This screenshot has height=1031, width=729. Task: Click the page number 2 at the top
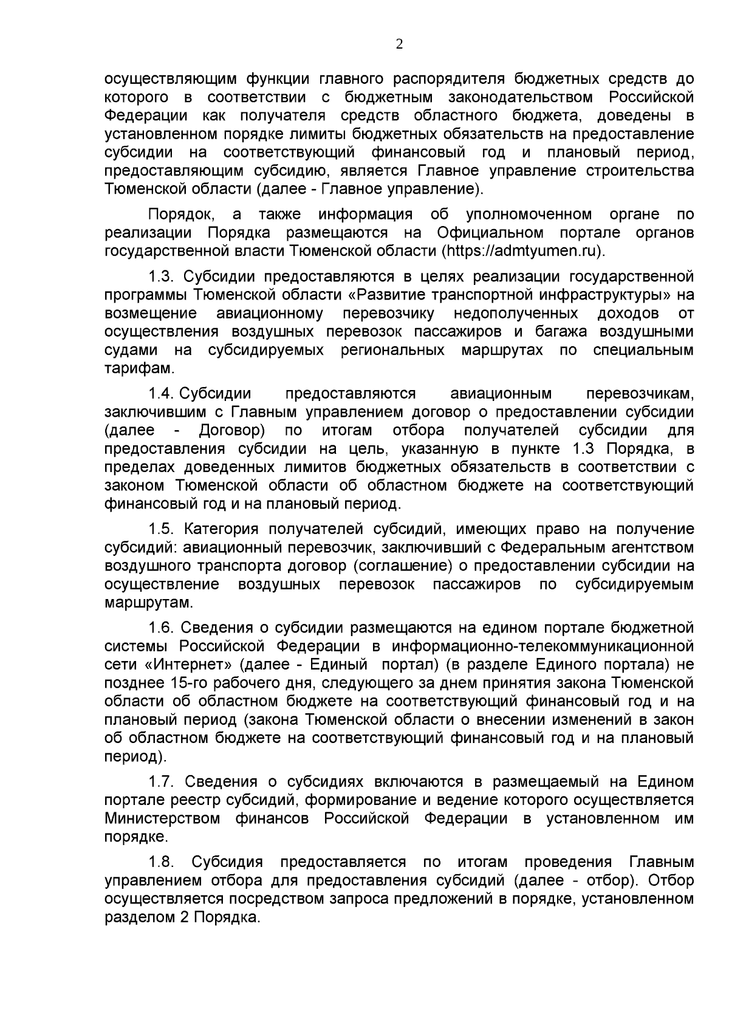pyautogui.click(x=399, y=44)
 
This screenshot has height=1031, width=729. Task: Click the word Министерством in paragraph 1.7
pyautogui.click(x=162, y=818)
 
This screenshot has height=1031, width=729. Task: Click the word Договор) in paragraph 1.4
pyautogui.click(x=231, y=431)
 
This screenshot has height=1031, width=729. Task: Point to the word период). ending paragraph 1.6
pyautogui.click(x=135, y=757)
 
